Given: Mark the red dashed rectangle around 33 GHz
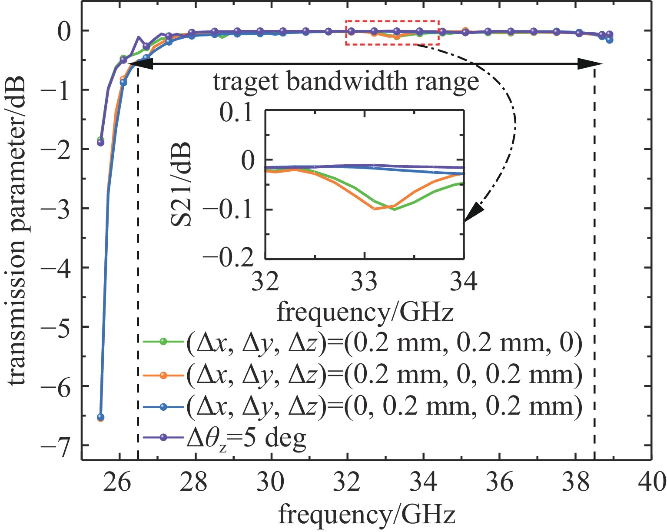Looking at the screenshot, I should point(392,33).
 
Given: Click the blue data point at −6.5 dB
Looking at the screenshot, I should point(100,417).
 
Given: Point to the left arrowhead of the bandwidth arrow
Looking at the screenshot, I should point(140,64).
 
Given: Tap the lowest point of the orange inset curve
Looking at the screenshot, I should point(375,209).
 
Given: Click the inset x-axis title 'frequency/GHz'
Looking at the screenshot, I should point(365,312).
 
